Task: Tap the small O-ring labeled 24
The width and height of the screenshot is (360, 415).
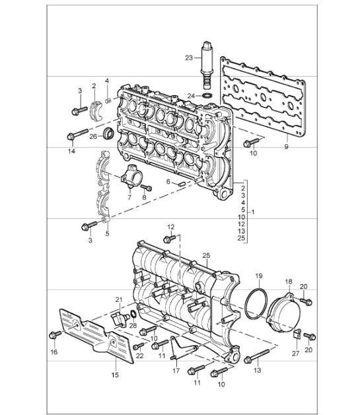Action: (x=207, y=96)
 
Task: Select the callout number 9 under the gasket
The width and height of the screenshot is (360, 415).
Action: (x=285, y=147)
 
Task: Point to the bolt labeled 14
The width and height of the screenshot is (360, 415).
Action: (x=72, y=137)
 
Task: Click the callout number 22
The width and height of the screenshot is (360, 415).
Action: (x=139, y=357)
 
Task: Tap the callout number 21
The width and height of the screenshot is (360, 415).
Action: (x=120, y=300)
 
